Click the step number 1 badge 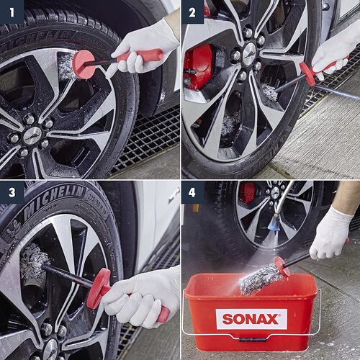coord(12,12)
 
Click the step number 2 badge coord(192,12)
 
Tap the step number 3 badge coord(12,192)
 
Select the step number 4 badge coord(192,192)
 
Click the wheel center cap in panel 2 coord(249,53)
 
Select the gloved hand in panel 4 coord(330,233)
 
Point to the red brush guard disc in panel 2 coord(307,73)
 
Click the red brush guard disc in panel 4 coord(282,266)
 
